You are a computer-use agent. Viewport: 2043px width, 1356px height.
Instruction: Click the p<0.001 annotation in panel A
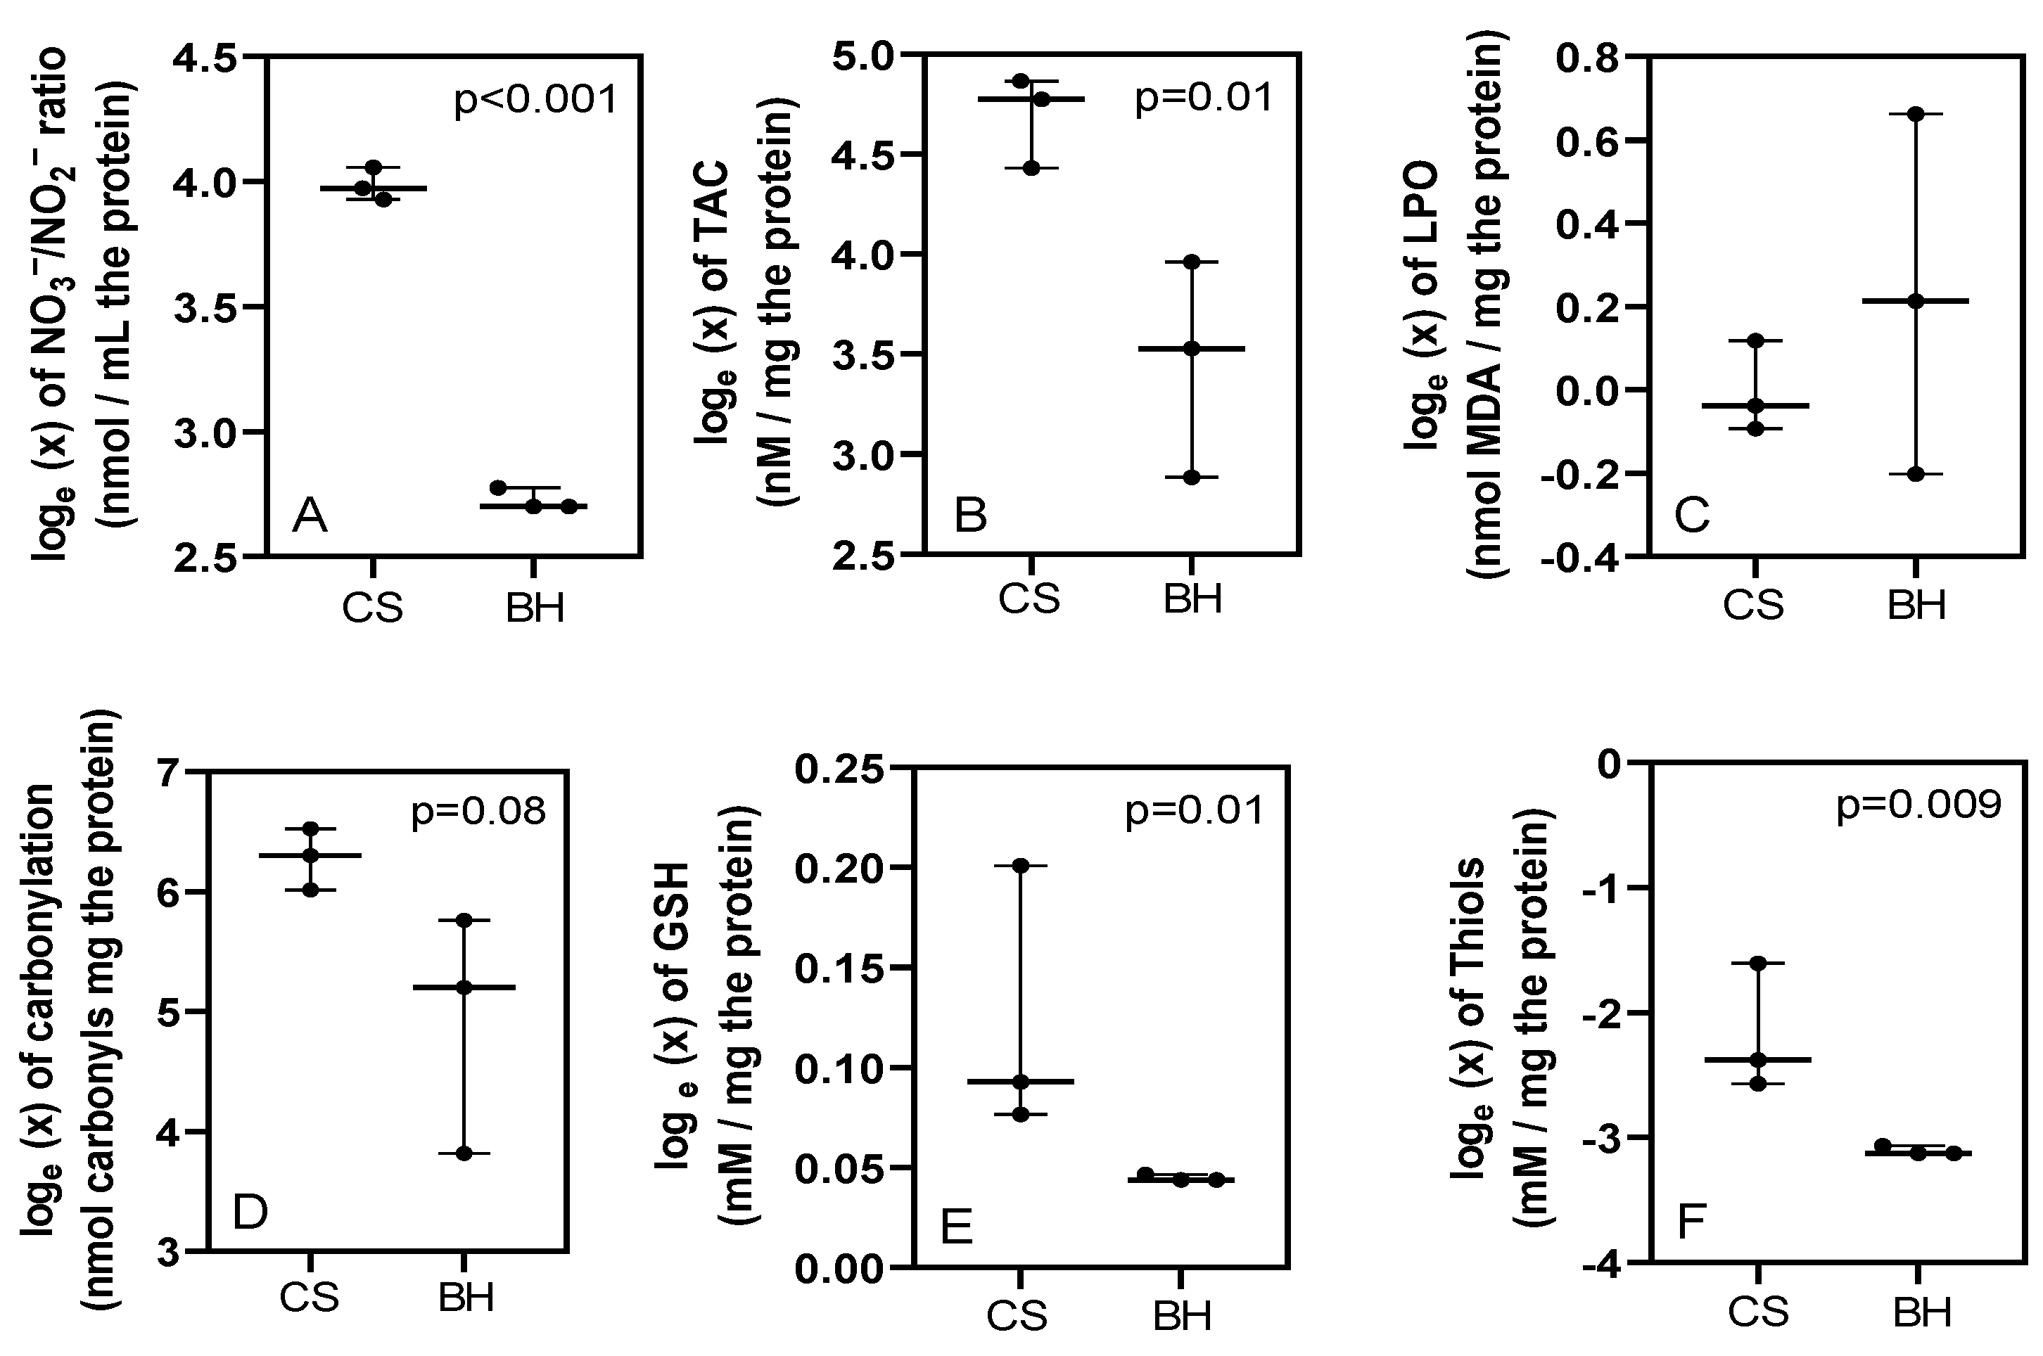point(536,99)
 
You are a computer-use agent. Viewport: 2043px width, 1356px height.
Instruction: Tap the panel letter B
point(969,516)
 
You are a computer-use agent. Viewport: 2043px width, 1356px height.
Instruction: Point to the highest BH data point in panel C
point(1915,114)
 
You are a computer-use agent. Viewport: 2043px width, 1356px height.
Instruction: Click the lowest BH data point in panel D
point(464,1153)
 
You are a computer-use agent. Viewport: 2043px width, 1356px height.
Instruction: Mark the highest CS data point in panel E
point(1021,866)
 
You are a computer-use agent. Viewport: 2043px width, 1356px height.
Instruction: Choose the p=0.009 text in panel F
point(1918,805)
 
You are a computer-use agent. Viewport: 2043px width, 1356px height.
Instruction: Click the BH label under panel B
point(1192,599)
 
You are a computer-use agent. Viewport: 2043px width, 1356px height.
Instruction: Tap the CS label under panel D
point(309,1297)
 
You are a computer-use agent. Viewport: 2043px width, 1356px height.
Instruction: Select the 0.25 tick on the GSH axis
point(839,769)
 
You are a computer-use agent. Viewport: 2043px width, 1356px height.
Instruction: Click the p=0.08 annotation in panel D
point(478,810)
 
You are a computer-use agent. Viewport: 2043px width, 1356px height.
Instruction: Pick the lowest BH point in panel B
point(1192,478)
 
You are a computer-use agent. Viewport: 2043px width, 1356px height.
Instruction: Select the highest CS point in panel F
point(1757,964)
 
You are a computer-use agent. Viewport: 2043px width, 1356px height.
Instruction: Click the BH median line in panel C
point(1915,301)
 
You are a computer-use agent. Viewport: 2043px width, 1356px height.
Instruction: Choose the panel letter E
point(956,1227)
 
